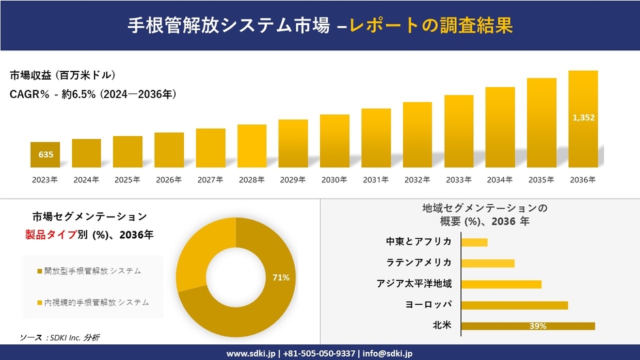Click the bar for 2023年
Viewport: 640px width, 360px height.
click(46, 154)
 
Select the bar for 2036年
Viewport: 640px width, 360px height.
click(583, 119)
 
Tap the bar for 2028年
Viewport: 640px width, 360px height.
click(252, 146)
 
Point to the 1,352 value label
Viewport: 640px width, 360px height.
click(583, 118)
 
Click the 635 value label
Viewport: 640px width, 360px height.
click(46, 155)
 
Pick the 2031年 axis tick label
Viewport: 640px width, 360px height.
click(376, 180)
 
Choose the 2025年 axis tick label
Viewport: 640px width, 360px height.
click(127, 180)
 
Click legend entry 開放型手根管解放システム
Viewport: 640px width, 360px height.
click(92, 271)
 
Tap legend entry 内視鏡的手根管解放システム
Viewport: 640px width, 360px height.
click(96, 301)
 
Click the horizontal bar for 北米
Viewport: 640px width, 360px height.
click(528, 326)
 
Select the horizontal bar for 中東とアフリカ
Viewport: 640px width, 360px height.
click(475, 242)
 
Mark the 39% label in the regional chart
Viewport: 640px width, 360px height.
click(538, 327)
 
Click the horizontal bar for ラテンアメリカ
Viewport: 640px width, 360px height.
click(487, 263)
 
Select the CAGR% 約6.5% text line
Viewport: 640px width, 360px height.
click(93, 95)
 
